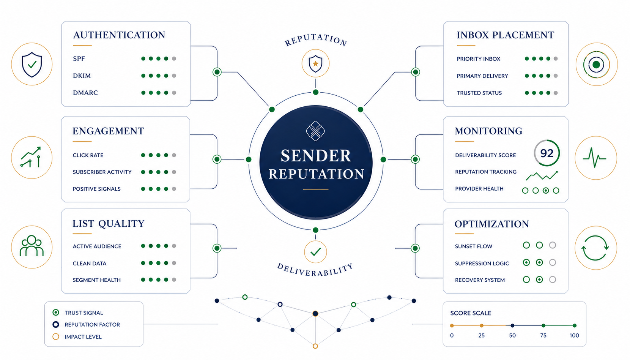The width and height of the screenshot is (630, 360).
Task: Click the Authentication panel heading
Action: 119,35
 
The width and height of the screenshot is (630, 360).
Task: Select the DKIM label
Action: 82,76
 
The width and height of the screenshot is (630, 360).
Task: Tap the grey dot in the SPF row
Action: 174,58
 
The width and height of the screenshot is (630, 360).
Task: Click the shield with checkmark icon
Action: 32,65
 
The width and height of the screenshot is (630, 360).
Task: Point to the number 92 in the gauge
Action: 547,153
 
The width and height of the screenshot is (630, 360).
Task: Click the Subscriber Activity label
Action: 102,172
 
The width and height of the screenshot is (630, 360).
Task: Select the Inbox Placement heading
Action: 506,35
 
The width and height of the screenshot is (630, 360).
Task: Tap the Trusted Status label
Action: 479,93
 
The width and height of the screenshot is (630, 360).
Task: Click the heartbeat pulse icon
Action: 594,158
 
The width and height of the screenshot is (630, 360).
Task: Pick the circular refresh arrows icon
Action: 595,248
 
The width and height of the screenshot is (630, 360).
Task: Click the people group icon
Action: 32,246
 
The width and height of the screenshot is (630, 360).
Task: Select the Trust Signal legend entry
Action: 78,313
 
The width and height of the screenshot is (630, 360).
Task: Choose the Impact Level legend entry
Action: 77,336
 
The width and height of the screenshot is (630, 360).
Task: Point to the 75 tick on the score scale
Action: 543,326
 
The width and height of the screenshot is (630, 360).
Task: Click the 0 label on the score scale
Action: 452,336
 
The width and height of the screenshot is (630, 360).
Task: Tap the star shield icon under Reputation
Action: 315,63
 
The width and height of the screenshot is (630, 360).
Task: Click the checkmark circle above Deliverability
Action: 315,252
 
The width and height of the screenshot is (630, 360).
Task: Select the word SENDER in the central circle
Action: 316,156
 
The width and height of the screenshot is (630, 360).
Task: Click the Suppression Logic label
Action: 482,264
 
